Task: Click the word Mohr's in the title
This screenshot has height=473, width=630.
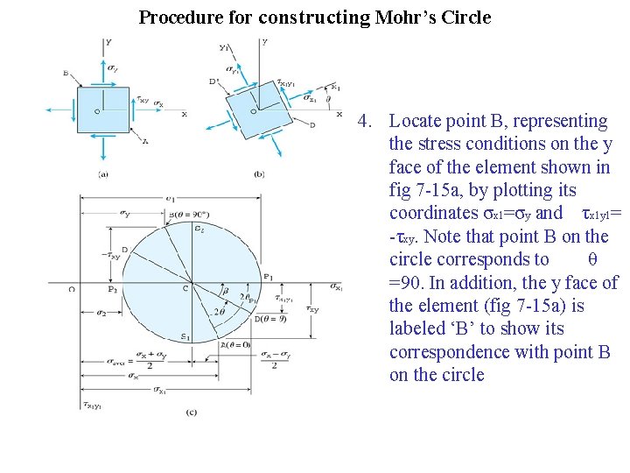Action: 404,18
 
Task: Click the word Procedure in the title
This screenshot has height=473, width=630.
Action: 178,18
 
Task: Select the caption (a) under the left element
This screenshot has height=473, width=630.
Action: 102,174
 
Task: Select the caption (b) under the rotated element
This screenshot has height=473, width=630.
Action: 259,174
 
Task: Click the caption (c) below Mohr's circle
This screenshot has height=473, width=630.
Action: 191,412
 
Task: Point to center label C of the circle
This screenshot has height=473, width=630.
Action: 185,288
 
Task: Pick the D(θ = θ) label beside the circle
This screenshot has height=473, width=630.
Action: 269,319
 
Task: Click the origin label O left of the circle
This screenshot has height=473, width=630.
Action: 71,288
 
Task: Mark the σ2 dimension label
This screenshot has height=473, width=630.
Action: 101,313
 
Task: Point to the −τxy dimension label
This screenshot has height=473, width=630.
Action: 109,256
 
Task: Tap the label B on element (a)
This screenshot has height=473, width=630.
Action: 66,74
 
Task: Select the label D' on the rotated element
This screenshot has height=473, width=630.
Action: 214,81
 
